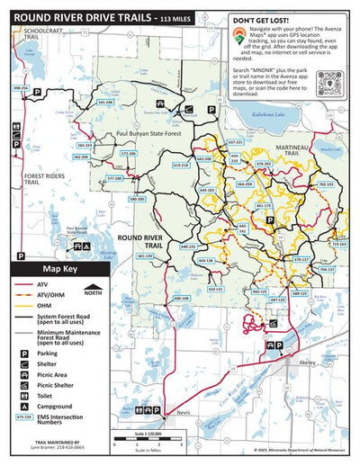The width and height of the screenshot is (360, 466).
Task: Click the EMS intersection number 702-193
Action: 326,184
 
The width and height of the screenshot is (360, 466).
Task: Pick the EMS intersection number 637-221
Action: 235,142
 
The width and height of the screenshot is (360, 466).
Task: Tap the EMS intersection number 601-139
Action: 145,255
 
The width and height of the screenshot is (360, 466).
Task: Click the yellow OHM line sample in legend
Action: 19,305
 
